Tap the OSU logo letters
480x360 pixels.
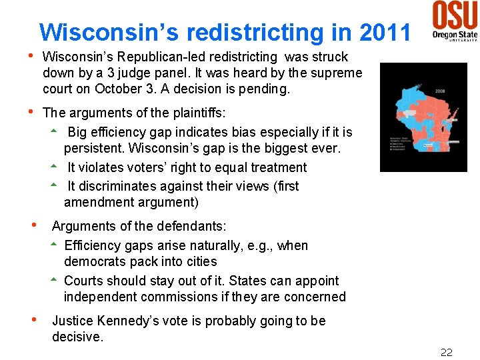point(455,14)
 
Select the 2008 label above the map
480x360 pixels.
point(440,91)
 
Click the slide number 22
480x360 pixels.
point(446,352)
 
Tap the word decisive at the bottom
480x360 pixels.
point(77,337)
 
